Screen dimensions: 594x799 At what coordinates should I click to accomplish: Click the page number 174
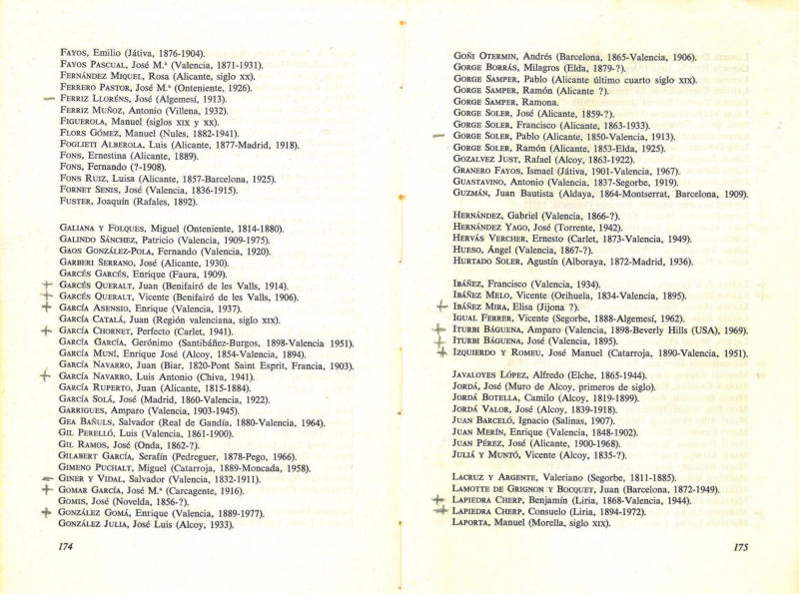[68, 546]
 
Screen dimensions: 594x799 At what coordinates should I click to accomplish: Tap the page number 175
[740, 548]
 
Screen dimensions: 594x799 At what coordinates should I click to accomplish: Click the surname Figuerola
[86, 121]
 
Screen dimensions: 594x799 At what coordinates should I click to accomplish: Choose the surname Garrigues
[87, 410]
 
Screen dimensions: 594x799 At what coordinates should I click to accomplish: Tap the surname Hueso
[468, 251]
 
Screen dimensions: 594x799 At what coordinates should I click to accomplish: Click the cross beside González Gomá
[46, 513]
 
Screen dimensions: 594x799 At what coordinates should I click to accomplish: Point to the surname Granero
[479, 171]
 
